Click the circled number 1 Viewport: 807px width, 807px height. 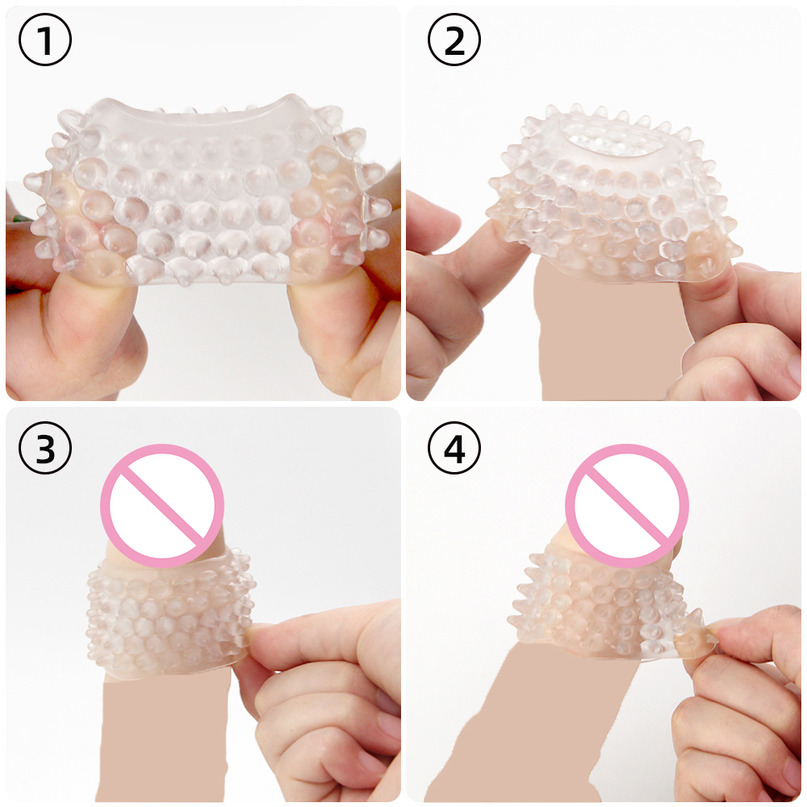click(44, 40)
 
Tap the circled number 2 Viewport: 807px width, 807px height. click(454, 40)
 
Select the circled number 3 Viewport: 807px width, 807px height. click(44, 448)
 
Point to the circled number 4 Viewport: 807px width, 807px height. click(454, 448)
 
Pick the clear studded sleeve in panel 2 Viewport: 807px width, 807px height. click(615, 195)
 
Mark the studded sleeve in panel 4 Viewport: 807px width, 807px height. click(608, 608)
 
